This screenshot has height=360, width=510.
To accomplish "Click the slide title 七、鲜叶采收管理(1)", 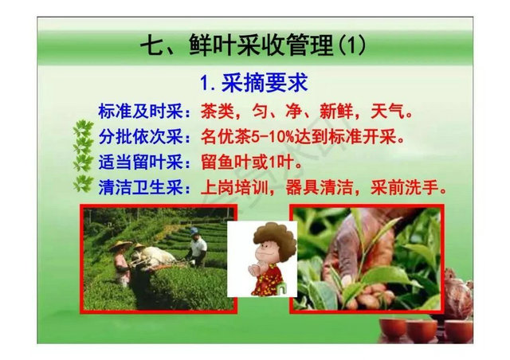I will [x=253, y=45].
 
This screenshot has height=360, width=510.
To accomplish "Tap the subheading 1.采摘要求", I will [x=253, y=84].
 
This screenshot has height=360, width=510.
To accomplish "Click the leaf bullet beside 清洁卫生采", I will [x=82, y=187].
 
